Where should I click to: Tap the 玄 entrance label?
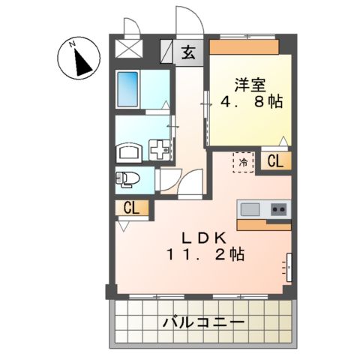(187, 52)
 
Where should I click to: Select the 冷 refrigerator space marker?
(244, 160)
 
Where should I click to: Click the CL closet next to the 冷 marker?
(274, 160)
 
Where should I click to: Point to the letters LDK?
(203, 237)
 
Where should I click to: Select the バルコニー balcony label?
(202, 323)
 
